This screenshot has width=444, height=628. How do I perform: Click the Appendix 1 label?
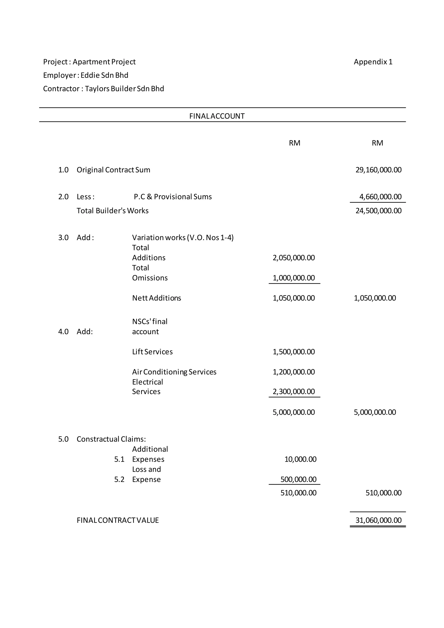373,62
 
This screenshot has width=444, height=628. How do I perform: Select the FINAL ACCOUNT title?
217,116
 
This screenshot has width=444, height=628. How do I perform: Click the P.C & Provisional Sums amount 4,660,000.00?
380,197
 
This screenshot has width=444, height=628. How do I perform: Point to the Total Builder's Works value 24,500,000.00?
378,211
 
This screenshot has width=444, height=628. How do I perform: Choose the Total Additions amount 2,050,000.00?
294,258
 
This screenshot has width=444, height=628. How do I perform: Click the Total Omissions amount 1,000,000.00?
294,278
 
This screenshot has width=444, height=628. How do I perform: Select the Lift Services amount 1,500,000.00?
294,352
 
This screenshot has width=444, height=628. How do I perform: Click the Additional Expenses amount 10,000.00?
300,459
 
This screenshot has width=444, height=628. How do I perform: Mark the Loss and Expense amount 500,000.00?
298,479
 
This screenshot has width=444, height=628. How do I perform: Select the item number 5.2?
119,479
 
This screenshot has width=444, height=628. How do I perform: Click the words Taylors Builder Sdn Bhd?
124,89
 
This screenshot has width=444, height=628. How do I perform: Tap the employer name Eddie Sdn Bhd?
104,75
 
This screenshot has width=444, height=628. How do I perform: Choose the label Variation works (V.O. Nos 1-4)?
183,237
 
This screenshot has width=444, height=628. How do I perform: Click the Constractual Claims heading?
111,439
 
